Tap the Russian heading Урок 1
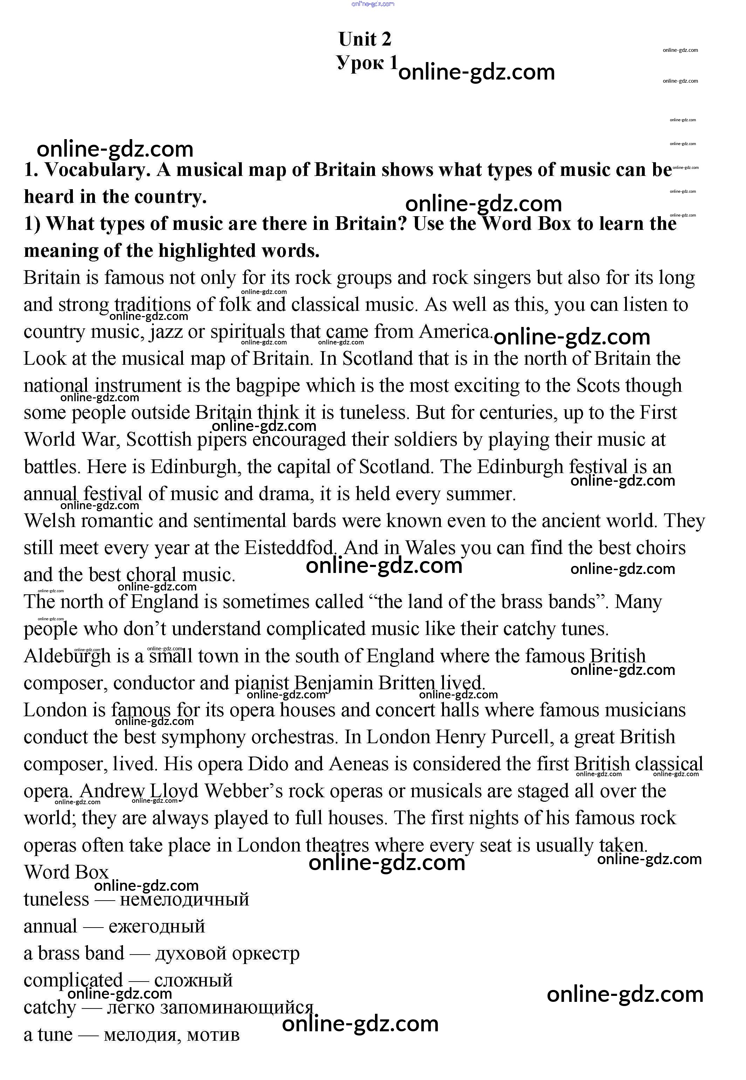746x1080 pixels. [367, 63]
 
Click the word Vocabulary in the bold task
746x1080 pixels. [97, 170]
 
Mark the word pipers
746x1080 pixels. [221, 440]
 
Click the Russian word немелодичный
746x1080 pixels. [184, 900]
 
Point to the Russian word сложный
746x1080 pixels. [193, 980]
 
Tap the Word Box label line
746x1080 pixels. [66, 873]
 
